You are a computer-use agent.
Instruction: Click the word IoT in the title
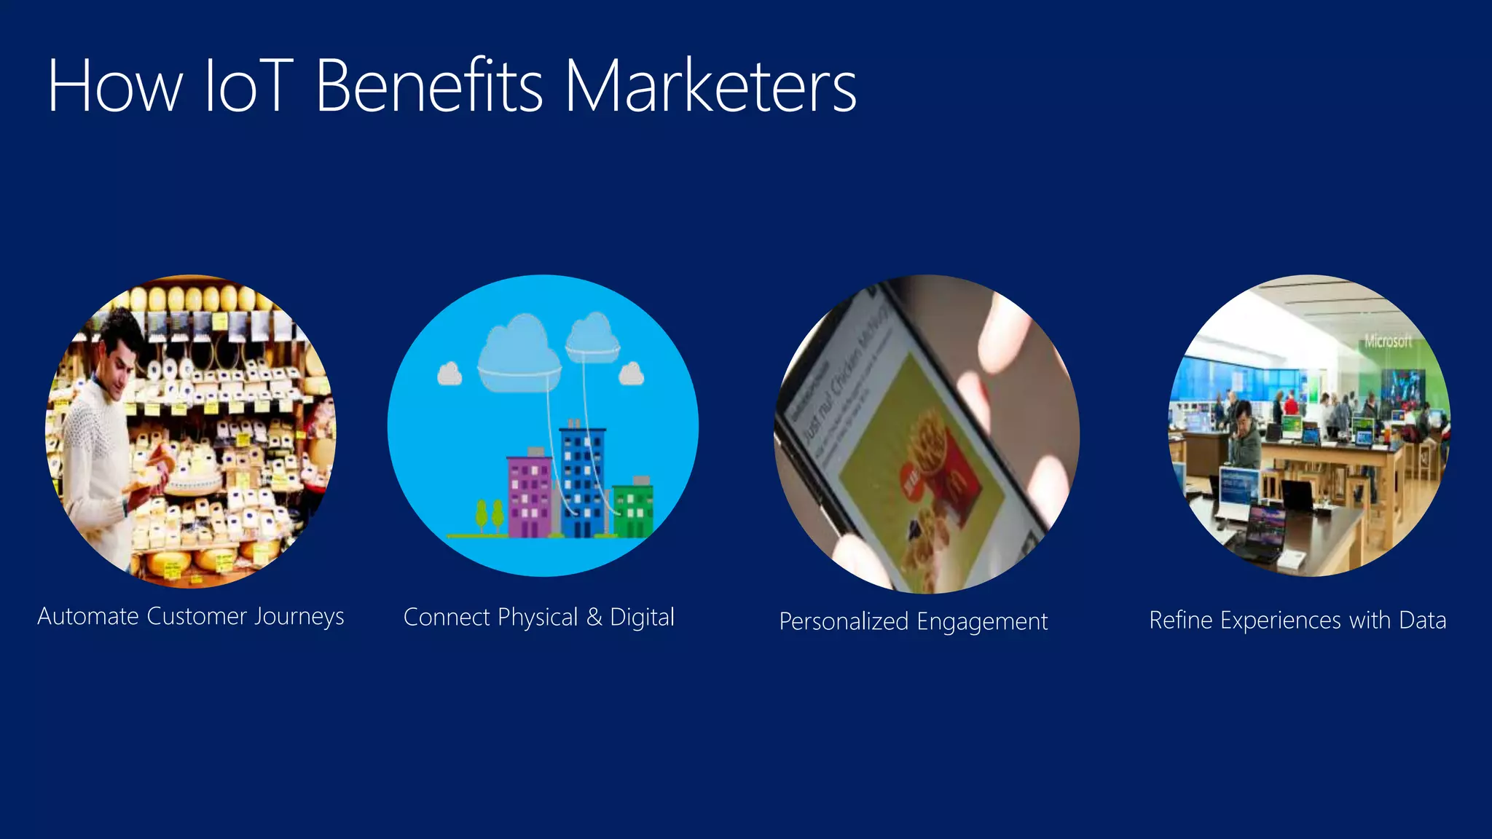(x=248, y=87)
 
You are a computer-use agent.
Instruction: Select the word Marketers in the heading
(x=710, y=87)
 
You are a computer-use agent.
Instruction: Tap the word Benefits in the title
(x=429, y=87)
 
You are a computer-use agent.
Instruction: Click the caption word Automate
(x=88, y=616)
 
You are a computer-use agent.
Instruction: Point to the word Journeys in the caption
(x=299, y=618)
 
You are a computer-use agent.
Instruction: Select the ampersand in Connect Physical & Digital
(x=594, y=617)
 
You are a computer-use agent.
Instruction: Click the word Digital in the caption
(x=642, y=618)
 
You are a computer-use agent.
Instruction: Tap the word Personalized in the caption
(x=844, y=622)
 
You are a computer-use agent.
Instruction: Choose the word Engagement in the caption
(x=982, y=622)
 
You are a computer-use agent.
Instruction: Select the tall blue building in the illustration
(x=582, y=481)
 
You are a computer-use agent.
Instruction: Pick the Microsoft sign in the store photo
(x=1387, y=341)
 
